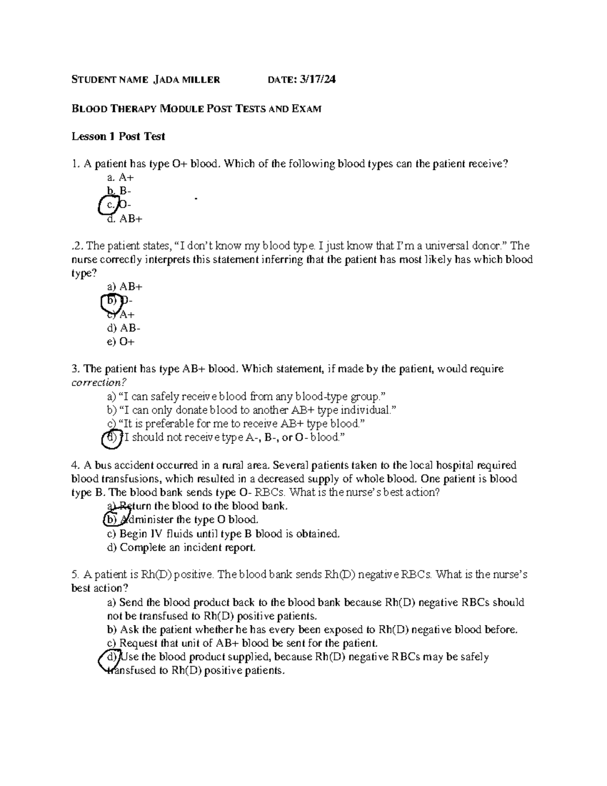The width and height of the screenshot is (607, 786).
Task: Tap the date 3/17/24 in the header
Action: tap(318, 79)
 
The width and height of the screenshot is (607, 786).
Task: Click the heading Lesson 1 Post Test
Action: tap(118, 136)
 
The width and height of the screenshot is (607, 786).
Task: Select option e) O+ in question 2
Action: tap(121, 342)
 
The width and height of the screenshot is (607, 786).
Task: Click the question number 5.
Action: tap(75, 575)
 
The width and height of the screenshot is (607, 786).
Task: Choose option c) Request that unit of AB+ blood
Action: tap(242, 643)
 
